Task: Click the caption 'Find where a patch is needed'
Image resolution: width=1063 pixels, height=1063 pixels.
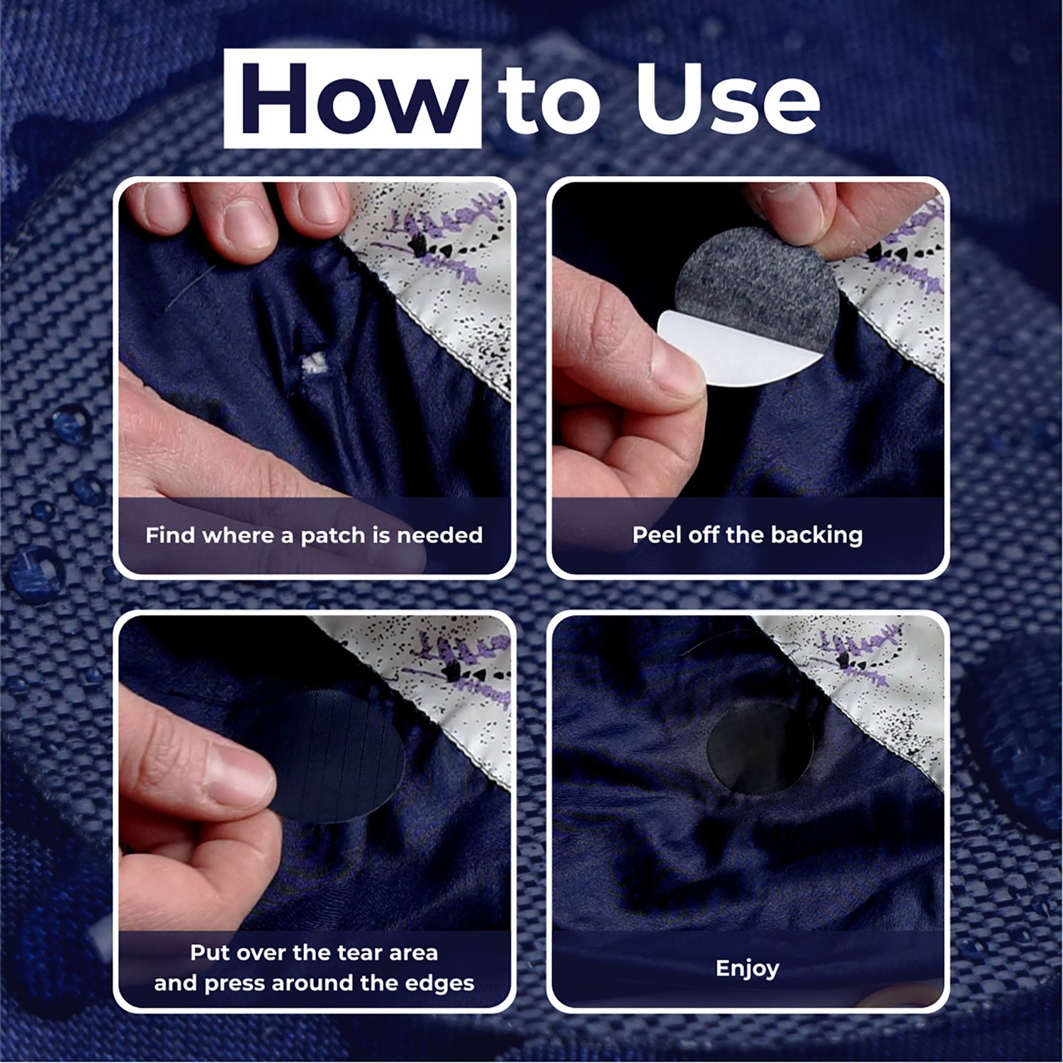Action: [314, 534]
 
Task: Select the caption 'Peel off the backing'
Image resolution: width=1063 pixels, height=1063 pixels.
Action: [748, 534]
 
